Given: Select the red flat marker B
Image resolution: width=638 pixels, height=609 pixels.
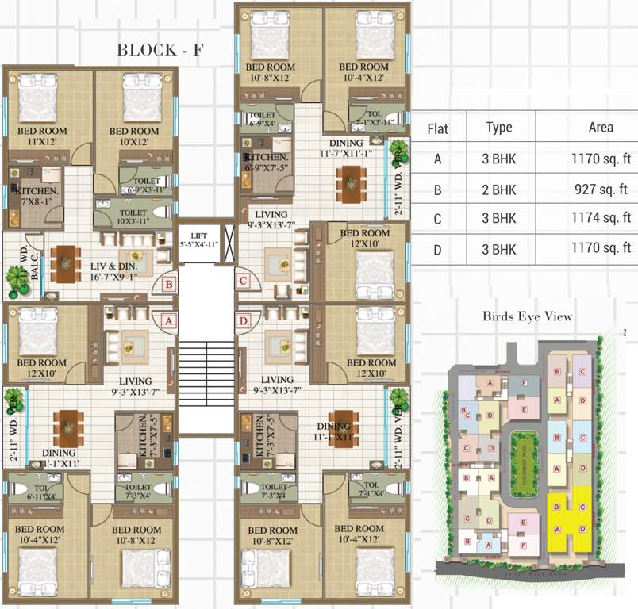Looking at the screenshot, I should click(x=169, y=283).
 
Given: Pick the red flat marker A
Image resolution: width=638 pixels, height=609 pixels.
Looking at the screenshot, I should click(x=169, y=320).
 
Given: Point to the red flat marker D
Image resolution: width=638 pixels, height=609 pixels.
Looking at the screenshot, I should click(x=243, y=320).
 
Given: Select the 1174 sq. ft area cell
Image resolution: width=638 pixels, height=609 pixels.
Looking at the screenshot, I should click(x=601, y=218).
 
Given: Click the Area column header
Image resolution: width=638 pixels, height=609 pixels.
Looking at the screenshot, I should click(x=601, y=128).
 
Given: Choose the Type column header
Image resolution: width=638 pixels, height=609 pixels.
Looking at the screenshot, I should click(x=498, y=128).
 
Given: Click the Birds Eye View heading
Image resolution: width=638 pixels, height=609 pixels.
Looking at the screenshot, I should click(x=527, y=316).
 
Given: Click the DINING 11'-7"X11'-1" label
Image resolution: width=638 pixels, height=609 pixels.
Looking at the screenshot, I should click(x=350, y=147).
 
